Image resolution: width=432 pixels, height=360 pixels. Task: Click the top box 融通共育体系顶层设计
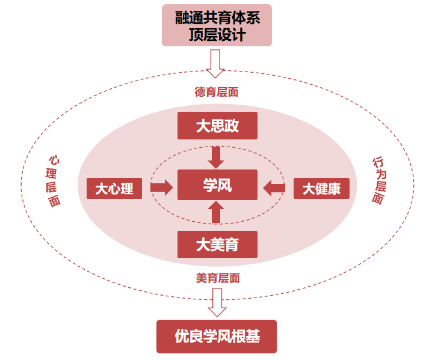[217, 25]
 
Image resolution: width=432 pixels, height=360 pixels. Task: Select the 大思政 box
[217, 126]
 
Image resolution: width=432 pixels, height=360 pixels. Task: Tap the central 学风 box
[217, 185]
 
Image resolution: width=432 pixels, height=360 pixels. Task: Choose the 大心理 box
[114, 189]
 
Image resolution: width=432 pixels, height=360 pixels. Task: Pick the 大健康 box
[321, 189]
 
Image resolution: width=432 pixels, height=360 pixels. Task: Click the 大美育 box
[217, 244]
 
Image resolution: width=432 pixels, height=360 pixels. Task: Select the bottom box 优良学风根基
[217, 336]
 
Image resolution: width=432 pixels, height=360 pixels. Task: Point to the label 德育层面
[217, 92]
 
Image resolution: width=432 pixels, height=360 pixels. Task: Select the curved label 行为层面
[379, 180]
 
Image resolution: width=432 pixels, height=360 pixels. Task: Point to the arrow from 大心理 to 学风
[161, 188]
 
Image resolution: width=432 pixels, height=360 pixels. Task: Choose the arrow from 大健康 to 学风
[275, 188]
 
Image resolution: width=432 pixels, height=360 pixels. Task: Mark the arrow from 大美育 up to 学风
[217, 213]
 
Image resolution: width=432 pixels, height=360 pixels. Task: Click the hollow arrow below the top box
[215, 63]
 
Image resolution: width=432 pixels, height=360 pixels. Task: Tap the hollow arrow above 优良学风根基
[217, 302]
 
